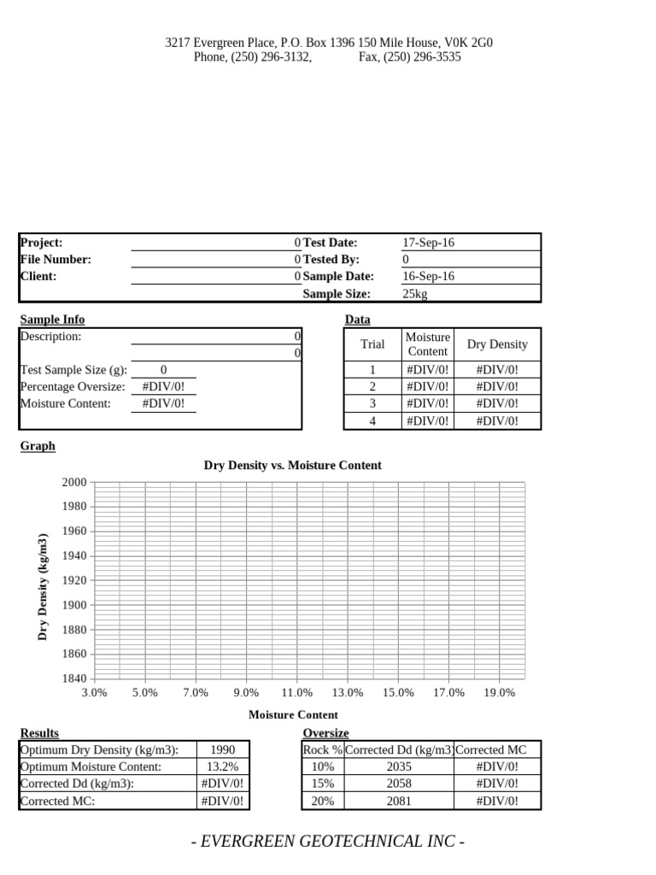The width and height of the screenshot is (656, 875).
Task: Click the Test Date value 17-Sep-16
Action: [428, 243]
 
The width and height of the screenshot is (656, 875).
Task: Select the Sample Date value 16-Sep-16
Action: [428, 276]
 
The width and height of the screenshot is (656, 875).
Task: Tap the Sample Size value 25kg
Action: [414, 293]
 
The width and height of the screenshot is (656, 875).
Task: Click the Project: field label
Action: [41, 243]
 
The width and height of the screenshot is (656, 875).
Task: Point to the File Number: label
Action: [55, 259]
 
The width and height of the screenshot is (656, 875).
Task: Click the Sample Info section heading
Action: [52, 320]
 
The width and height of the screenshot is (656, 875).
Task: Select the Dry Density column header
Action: [497, 344]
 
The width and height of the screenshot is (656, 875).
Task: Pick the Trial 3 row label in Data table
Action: [372, 403]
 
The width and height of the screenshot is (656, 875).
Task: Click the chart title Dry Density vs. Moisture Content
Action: [292, 466]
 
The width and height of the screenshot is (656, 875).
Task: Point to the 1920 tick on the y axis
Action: [74, 580]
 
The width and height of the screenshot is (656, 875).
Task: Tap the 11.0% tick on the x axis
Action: [297, 693]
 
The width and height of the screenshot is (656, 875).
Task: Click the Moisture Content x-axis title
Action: [293, 714]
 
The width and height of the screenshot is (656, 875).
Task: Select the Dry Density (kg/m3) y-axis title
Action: [42, 586]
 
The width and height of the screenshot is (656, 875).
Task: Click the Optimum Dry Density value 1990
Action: [222, 750]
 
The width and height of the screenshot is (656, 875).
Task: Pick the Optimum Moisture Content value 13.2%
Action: [222, 766]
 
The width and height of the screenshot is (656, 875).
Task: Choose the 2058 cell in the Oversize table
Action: [398, 784]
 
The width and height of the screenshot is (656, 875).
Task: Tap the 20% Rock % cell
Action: [322, 801]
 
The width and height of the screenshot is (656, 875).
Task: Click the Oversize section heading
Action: [325, 733]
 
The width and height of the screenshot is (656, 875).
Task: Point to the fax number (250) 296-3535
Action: [409, 57]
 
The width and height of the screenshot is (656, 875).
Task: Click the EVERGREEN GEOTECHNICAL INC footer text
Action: [327, 842]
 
